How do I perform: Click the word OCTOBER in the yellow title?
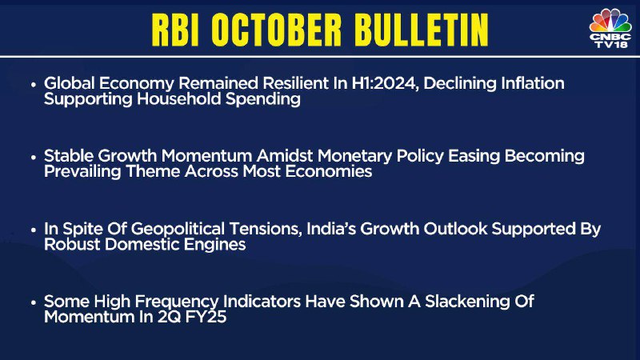[276, 30]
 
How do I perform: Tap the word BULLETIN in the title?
[421, 30]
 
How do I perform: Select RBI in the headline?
[175, 30]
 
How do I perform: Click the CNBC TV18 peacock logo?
[610, 28]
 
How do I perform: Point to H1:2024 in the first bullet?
[385, 83]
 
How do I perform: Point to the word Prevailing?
[82, 171]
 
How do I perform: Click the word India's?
[331, 229]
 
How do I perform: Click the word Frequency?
[177, 302]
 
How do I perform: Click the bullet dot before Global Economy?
[34, 85]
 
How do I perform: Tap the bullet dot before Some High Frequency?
[34, 303]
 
